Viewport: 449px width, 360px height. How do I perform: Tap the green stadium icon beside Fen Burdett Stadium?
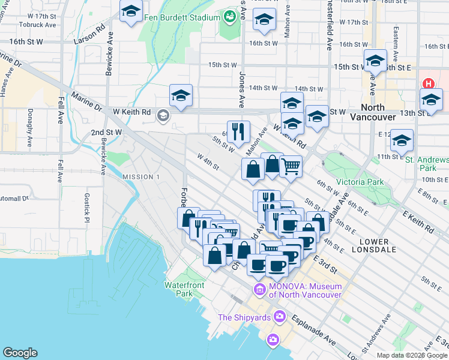point(229,17)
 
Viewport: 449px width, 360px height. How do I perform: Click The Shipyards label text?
point(245,317)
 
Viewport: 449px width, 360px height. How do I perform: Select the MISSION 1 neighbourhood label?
point(141,177)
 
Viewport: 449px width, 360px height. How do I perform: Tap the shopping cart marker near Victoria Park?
point(291,165)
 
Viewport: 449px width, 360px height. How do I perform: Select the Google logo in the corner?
point(20,353)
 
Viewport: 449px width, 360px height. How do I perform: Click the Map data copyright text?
point(411,355)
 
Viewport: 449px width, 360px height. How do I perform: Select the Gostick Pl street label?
point(86,209)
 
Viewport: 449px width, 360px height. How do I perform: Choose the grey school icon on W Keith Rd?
point(163,115)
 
